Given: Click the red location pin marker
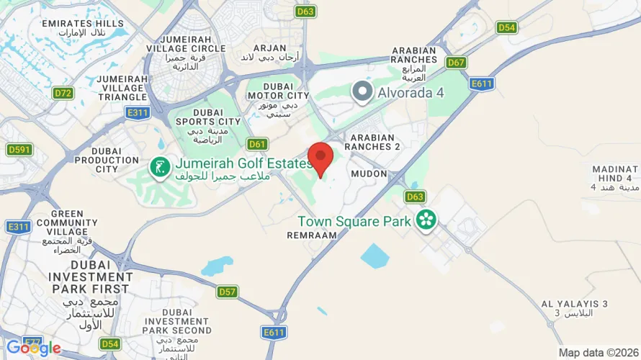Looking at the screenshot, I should point(320,158).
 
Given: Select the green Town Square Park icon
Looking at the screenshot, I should point(426,220).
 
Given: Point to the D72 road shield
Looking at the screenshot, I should point(63,93).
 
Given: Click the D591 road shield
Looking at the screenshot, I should point(19,150).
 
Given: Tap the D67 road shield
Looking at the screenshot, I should point(456,63).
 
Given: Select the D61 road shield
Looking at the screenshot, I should point(257,144).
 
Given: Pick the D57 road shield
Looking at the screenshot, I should point(228,292).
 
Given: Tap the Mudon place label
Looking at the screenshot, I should point(369,174).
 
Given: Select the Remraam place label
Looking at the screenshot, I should point(312,235).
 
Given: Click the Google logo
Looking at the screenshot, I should point(33,348).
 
